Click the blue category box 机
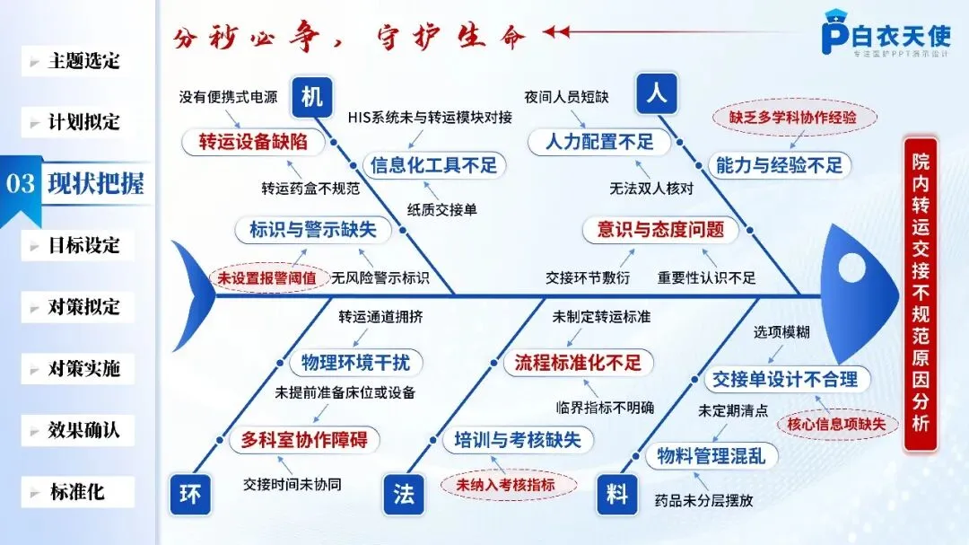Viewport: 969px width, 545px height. point(311,97)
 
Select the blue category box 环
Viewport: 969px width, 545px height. point(190,494)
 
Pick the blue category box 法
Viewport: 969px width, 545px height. point(403,494)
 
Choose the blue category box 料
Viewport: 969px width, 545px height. point(616,494)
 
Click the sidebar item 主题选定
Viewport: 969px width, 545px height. point(83,61)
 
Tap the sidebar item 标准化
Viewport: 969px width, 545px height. point(77,492)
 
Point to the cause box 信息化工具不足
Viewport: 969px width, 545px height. point(433,165)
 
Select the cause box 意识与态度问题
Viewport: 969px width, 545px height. point(660,229)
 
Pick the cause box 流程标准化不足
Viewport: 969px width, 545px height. point(578,363)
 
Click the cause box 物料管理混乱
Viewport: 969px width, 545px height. point(711,455)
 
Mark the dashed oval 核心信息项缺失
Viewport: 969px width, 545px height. point(836,424)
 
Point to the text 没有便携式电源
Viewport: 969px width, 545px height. point(228,97)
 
